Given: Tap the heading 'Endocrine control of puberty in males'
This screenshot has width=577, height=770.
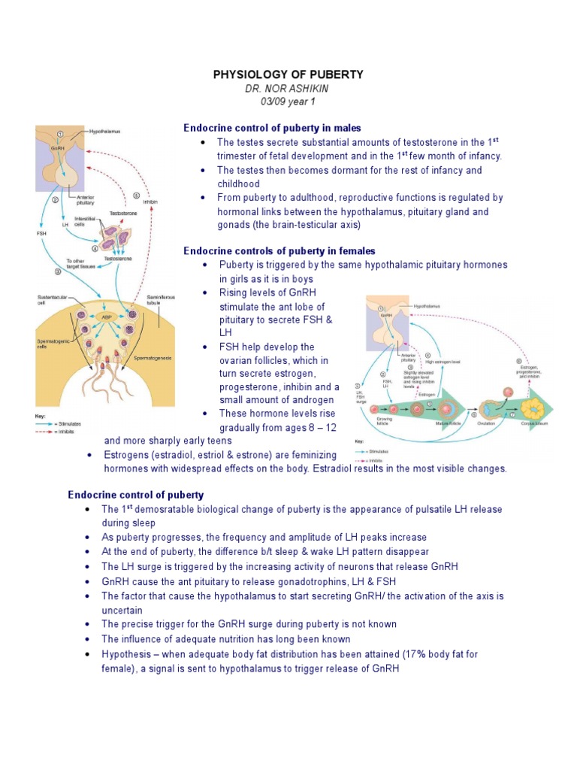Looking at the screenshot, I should click(272, 128).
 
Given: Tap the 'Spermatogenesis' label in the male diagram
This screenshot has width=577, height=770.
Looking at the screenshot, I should click(153, 358).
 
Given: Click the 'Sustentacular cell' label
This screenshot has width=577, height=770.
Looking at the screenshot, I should click(52, 301).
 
